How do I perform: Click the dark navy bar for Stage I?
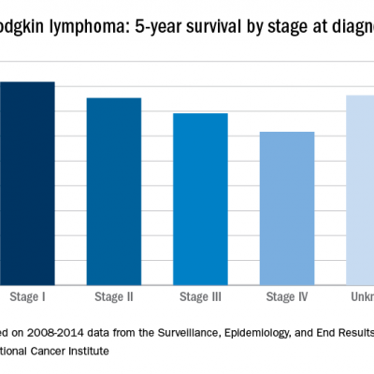click(27, 182)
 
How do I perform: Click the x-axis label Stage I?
click(28, 296)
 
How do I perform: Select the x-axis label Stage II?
click(114, 296)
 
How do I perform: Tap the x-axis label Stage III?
click(200, 296)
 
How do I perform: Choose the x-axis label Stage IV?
click(286, 296)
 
